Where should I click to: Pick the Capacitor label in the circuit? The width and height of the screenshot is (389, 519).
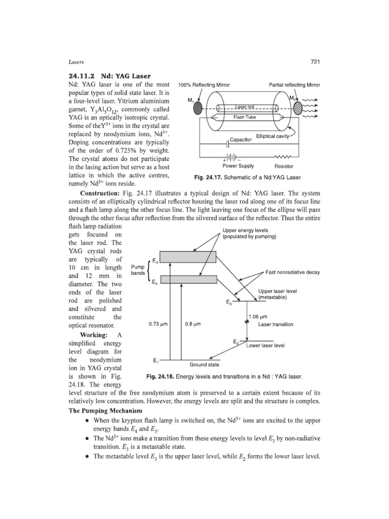click(241, 139)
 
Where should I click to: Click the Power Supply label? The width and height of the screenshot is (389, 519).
click(239, 166)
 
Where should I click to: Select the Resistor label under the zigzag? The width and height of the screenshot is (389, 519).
click(284, 166)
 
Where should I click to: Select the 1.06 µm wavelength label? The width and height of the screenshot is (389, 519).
click(258, 317)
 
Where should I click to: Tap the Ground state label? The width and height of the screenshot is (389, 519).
click(204, 364)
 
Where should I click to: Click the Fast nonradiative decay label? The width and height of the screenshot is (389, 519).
click(293, 272)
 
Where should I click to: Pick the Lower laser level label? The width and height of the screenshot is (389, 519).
click(265, 346)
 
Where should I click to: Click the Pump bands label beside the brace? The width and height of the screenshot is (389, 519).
click(138, 270)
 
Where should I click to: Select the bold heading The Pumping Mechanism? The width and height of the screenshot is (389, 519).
click(105, 410)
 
